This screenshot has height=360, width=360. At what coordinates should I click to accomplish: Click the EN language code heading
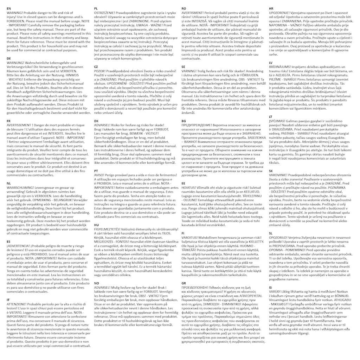[9, 8]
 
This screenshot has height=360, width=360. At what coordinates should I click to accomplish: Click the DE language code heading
[9, 58]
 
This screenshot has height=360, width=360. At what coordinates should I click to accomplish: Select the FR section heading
[8, 121]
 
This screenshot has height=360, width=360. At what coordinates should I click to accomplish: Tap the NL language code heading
[9, 183]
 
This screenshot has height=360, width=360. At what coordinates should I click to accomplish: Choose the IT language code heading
[8, 300]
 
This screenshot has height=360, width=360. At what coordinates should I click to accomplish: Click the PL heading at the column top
[96, 8]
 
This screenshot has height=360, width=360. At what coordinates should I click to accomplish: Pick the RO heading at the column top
[184, 8]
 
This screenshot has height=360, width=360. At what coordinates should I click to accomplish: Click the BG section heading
[184, 120]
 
